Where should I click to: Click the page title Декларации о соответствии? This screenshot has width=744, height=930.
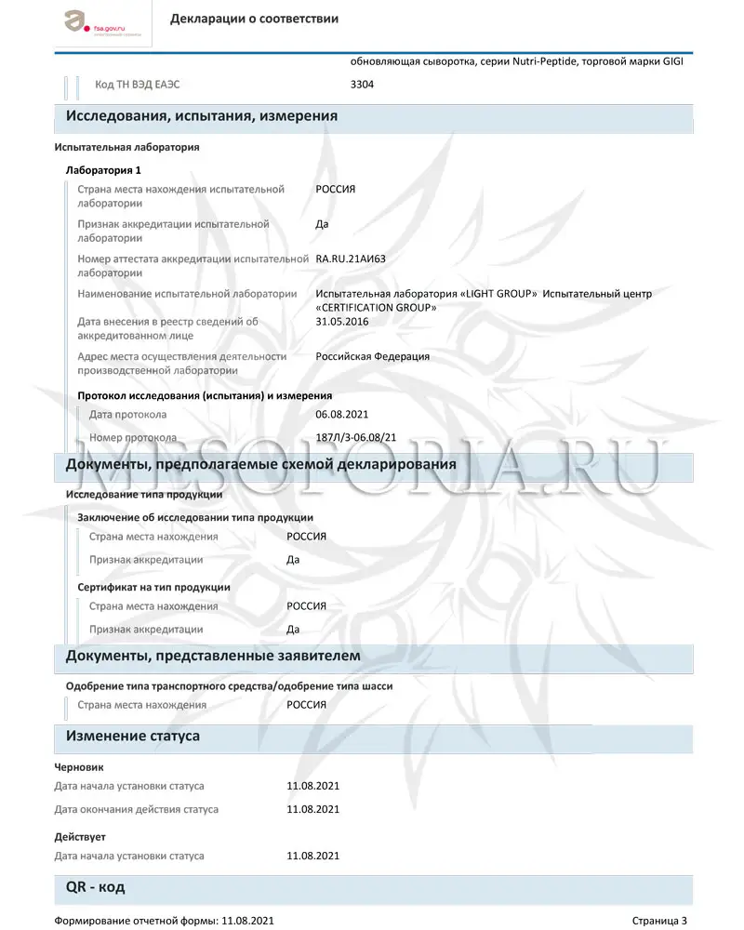pos(254,19)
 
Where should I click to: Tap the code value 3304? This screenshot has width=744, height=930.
pos(362,85)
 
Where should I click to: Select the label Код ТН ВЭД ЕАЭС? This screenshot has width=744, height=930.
pos(138,85)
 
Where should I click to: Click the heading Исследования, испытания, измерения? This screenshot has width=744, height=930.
pos(201,116)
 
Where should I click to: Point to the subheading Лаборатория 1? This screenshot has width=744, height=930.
pos(103,170)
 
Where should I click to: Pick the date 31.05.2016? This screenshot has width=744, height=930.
pos(342,322)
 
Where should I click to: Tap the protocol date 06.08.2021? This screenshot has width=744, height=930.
pos(342,414)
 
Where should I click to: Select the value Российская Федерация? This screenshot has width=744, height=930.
pos(373,356)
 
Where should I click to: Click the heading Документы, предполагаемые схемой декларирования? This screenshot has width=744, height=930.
pos(260,464)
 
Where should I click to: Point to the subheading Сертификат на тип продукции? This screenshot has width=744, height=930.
pos(153,587)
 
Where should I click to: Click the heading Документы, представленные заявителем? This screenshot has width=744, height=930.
pos(213,656)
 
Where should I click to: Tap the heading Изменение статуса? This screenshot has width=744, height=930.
pos(132,736)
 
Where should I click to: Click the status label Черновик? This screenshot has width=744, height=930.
pos(79,767)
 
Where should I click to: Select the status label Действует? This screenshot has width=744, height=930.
pos(80,837)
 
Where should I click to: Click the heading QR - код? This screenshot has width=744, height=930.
pos(95,887)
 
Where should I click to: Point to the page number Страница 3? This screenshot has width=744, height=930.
pos(659,921)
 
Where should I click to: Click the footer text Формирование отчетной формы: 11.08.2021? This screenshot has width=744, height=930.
pos(164,921)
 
